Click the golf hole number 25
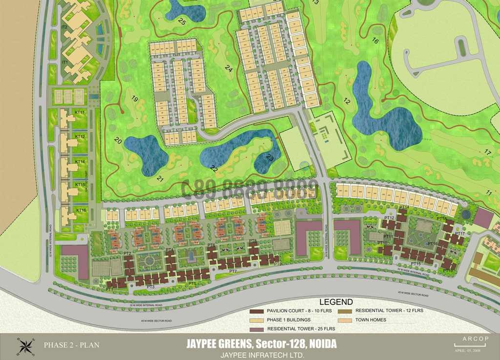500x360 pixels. pos(182,21)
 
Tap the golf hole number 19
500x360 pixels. pos(135,101)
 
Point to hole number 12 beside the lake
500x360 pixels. pos(347,102)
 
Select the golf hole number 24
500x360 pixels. pos(229,69)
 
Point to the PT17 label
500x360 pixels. pos(459,233)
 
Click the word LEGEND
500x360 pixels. pos(336,302)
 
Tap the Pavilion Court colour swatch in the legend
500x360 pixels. pos(256,311)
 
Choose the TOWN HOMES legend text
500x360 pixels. pos(371,320)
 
